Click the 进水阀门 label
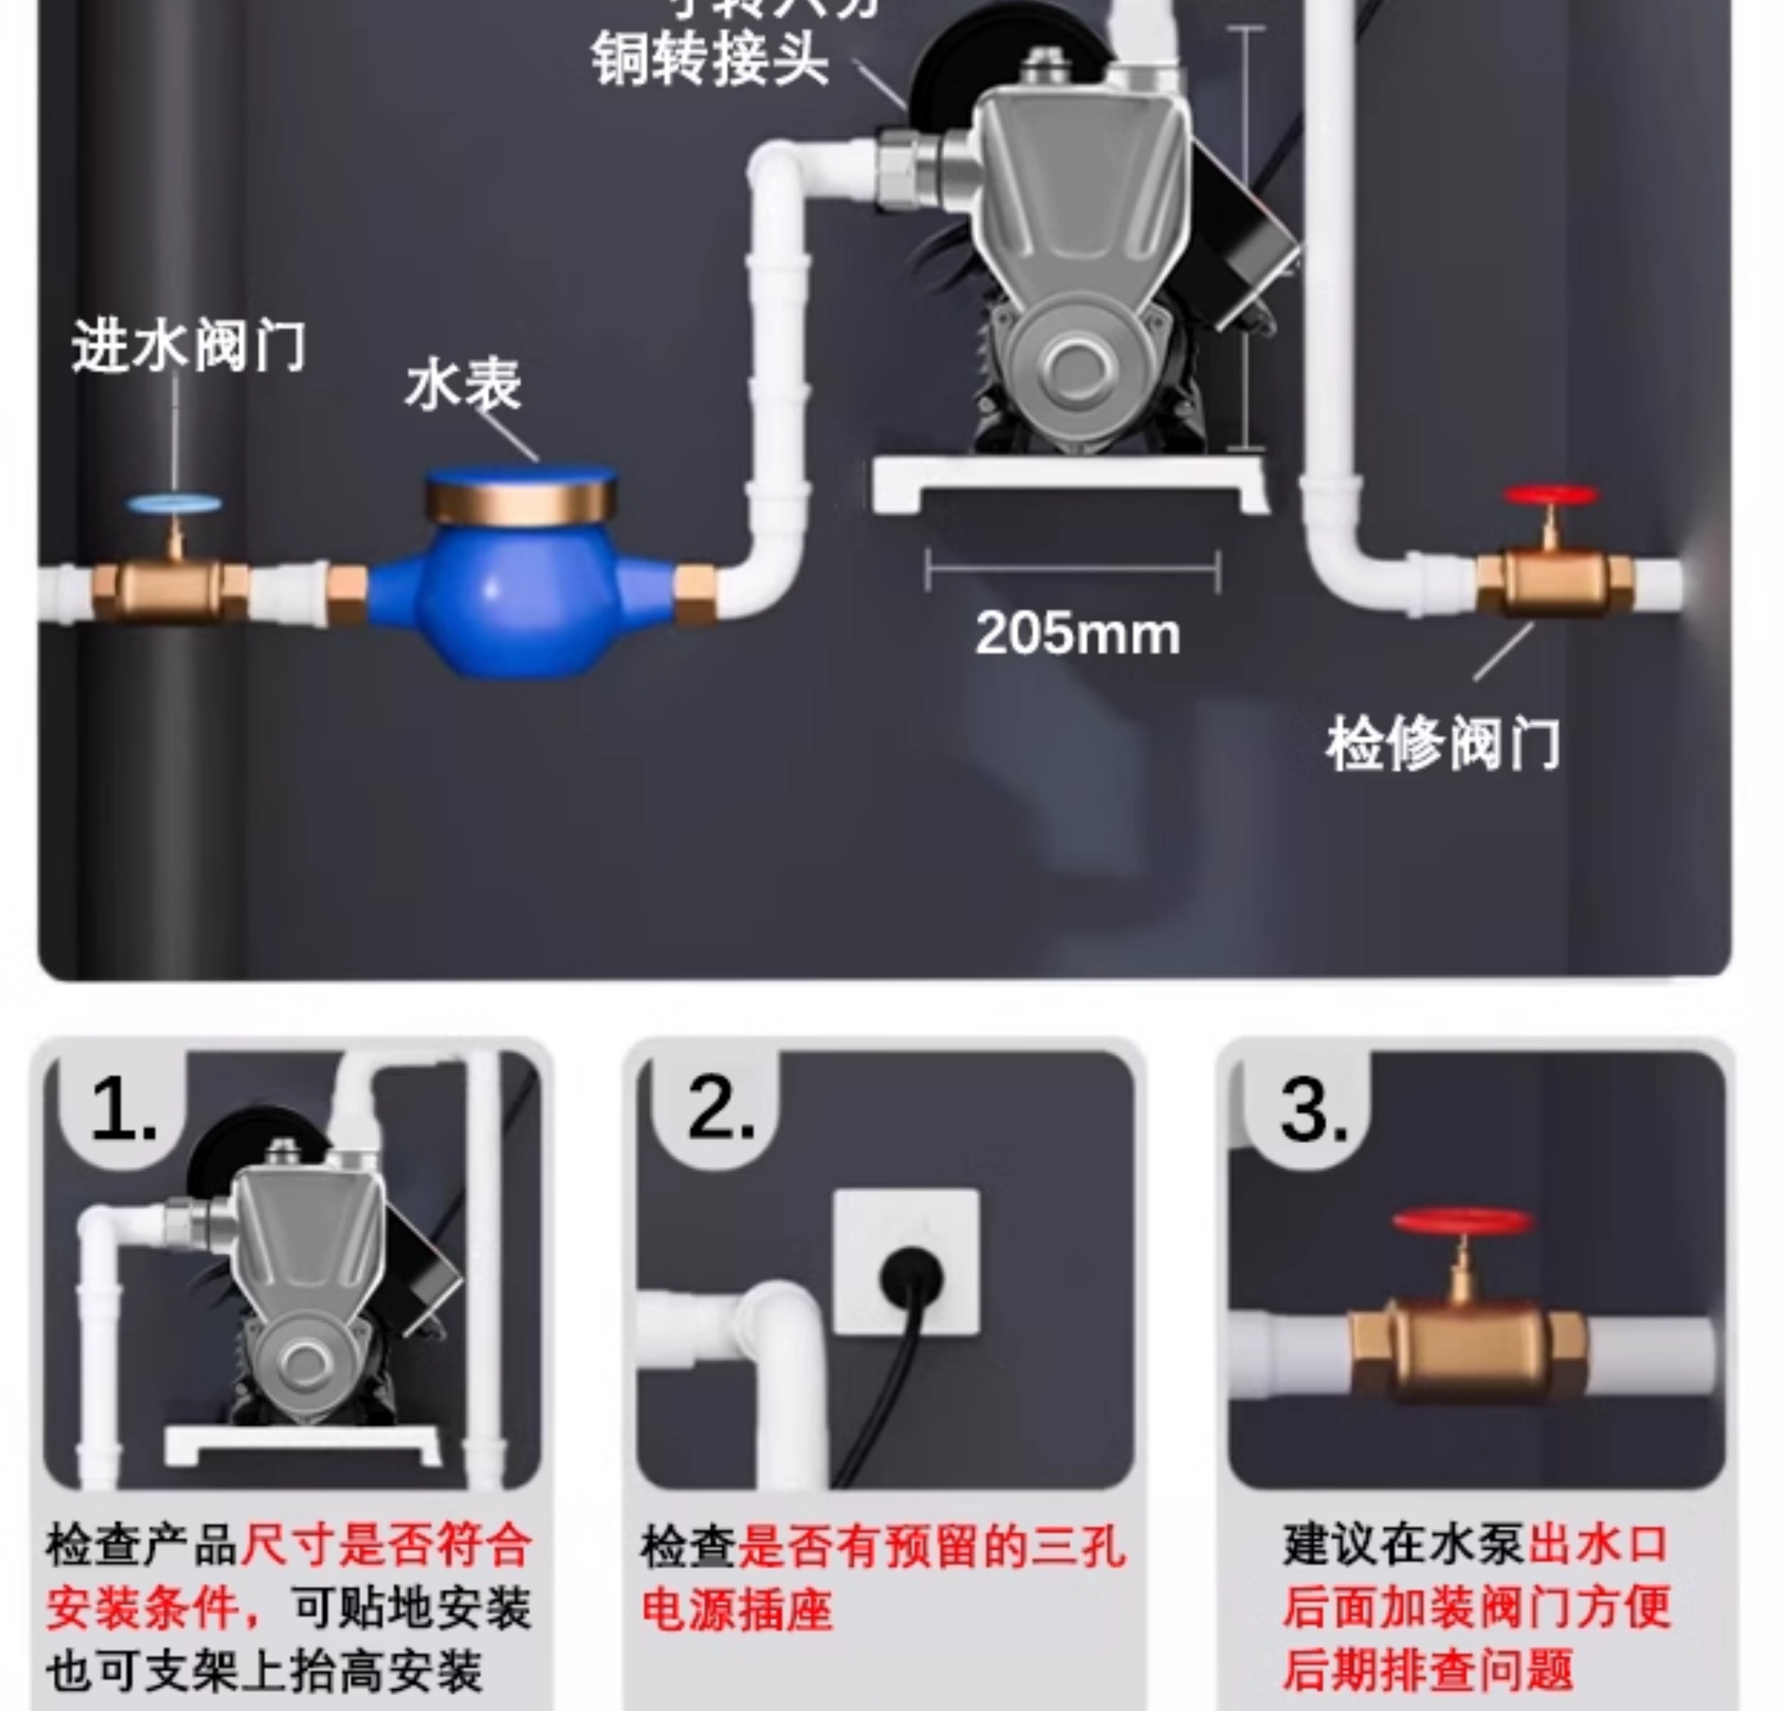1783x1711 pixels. pos(188,346)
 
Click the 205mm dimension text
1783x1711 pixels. pos(1077,633)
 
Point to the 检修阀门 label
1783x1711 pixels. pos(1442,744)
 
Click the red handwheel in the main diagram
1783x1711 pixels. pos(1550,496)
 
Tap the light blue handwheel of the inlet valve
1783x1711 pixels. pos(174,504)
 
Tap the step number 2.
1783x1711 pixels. pos(720,1111)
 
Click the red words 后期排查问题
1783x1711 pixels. pos(1429,1670)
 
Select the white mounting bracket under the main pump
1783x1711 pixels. pos(1070,480)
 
